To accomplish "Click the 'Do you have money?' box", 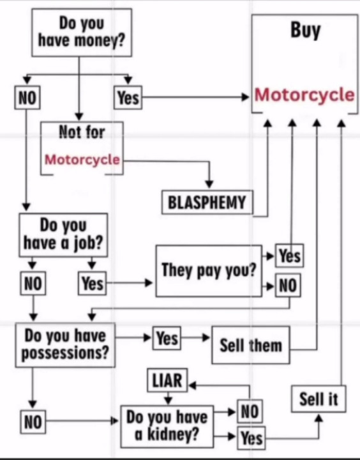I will click(x=82, y=32).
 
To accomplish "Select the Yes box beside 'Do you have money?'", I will click(x=128, y=98).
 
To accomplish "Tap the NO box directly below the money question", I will click(x=26, y=98).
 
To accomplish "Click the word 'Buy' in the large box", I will click(x=305, y=30).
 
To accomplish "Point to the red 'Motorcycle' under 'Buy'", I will click(x=304, y=95).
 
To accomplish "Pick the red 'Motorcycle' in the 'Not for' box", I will click(x=82, y=159).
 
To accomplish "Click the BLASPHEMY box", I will click(x=206, y=203).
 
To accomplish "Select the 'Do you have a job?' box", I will click(x=63, y=234).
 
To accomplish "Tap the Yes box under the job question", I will click(x=92, y=283).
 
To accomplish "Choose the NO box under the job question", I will click(x=33, y=284).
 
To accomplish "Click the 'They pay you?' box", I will click(x=209, y=270).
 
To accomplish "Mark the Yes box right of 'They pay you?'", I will click(x=289, y=256).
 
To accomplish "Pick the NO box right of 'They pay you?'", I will click(x=288, y=286).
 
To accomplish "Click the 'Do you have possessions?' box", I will click(x=65, y=344).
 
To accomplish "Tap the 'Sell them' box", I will click(x=250, y=346).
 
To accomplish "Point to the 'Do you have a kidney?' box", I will click(x=167, y=426).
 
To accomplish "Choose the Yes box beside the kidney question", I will click(x=251, y=438).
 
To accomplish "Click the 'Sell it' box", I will click(x=318, y=399).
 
